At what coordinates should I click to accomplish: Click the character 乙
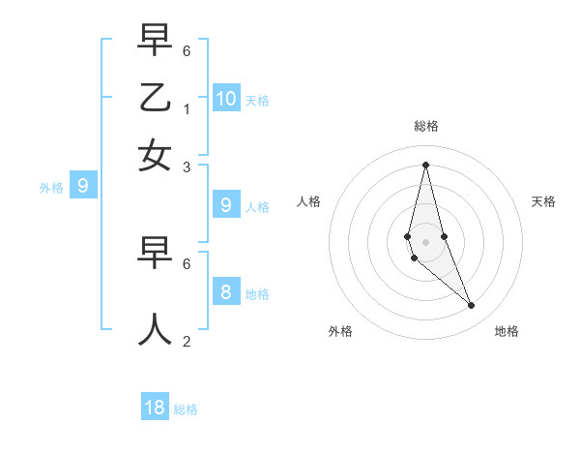click(155, 99)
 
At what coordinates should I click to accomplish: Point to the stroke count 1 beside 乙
click(187, 107)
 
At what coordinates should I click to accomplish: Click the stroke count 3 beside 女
click(187, 167)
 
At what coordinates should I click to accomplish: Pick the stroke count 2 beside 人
click(187, 341)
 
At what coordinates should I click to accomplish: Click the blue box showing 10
click(226, 98)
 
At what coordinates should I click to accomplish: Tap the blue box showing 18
click(155, 408)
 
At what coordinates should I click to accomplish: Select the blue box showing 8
click(226, 291)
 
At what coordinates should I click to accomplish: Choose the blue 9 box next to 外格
click(82, 185)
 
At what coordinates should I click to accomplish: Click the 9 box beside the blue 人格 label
click(226, 204)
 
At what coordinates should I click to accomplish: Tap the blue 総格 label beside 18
click(186, 409)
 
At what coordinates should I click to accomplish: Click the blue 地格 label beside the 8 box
click(257, 294)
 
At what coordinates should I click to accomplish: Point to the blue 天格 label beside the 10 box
click(257, 101)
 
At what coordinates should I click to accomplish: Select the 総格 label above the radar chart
click(425, 126)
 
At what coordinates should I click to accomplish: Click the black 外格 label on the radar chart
click(340, 331)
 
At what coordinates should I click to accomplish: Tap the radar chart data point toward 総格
click(425, 165)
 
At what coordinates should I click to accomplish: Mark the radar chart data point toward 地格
click(471, 305)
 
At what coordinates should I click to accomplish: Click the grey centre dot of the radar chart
click(425, 241)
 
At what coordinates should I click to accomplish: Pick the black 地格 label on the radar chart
click(507, 331)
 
